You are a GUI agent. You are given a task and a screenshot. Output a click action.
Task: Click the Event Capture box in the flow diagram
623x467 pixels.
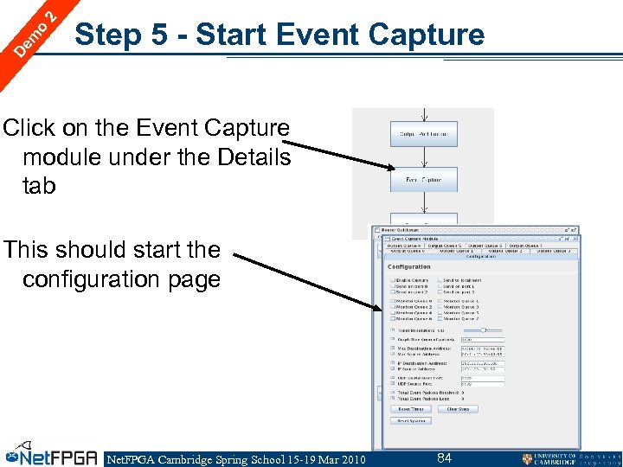(x=423, y=180)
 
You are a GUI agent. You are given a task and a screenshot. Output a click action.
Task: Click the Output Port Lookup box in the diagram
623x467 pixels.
(x=423, y=134)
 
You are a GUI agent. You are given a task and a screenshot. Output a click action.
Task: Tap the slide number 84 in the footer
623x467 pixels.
(x=444, y=457)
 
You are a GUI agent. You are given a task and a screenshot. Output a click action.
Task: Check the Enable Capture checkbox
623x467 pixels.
(x=392, y=280)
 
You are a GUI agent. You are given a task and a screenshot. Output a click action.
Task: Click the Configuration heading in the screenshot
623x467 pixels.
(x=409, y=267)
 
